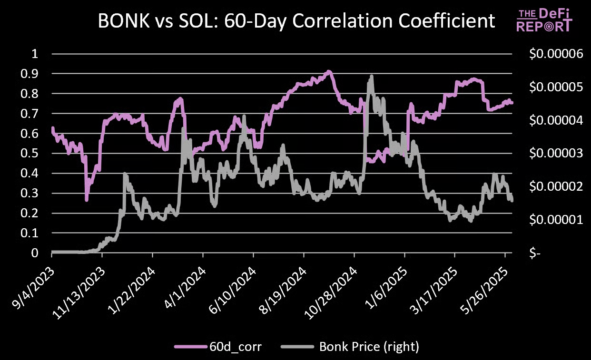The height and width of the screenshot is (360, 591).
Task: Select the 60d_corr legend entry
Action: [x=206, y=347]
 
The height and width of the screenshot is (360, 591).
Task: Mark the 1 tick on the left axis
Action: [x=34, y=54]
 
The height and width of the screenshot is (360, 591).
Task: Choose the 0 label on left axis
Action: [x=34, y=253]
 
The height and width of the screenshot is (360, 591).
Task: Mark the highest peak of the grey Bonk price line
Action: [x=371, y=77]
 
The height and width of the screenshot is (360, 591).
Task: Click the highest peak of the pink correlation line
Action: [x=329, y=72]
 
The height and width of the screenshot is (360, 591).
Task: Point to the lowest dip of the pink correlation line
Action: [x=87, y=200]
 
